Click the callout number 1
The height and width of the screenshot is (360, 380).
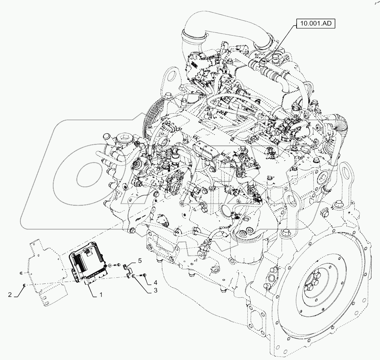point(101,294)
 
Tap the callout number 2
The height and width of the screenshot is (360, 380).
point(10,294)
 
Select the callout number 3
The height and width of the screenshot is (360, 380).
point(155,290)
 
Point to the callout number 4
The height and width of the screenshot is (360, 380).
point(155,282)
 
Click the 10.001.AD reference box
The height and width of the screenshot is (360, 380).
point(316,24)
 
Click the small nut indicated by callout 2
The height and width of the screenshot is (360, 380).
point(24,285)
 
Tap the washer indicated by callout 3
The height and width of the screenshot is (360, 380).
point(134,276)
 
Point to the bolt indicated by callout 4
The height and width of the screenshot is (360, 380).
point(143,275)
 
